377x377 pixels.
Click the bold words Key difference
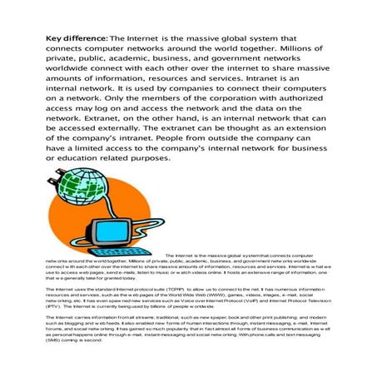tap(76, 39)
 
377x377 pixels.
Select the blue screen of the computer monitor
tap(135, 223)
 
